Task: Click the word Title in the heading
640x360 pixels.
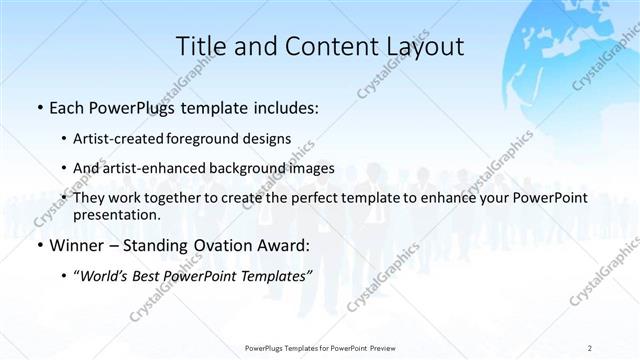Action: coord(201,47)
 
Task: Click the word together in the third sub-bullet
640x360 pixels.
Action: coord(201,198)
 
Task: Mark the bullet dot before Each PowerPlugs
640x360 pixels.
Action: coord(38,108)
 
